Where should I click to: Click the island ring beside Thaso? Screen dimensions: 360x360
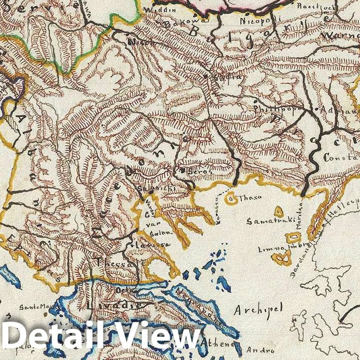[x=230, y=197]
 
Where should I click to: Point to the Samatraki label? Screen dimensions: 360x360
[x=265, y=221]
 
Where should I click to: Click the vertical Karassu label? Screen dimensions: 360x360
[x=217, y=213]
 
